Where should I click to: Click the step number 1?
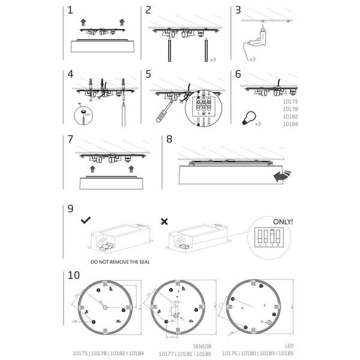coord(70,11)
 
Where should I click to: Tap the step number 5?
coord(148,74)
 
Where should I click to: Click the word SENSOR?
coord(202,346)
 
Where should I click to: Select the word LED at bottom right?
coord(289,346)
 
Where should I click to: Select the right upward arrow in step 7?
coord(125,169)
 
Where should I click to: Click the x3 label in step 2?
coord(213,60)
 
